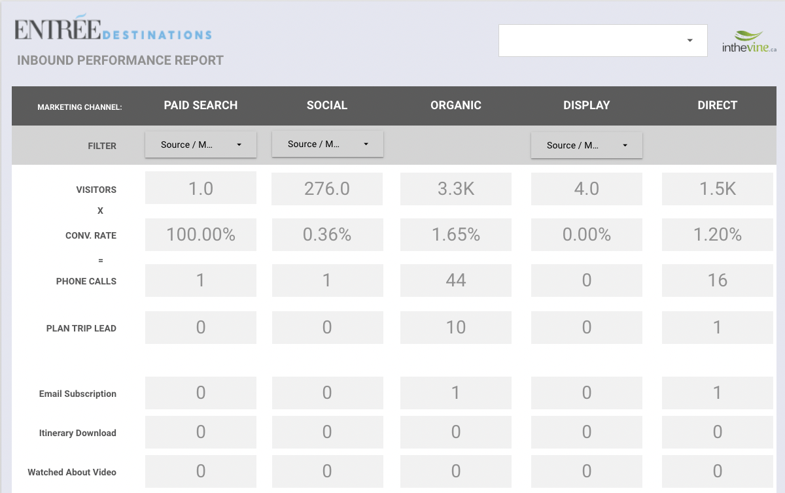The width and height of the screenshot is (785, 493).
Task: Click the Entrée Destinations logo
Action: coord(113,27)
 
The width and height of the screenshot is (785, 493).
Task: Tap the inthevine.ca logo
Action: coord(749,42)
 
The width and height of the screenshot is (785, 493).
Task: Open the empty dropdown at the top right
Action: coord(602,41)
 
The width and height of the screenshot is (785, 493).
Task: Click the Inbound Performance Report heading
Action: coord(120,60)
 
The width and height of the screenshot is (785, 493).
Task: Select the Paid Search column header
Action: coord(201,105)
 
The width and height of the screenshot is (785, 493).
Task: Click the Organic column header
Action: coord(456,105)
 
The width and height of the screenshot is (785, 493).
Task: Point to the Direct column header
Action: coord(718,105)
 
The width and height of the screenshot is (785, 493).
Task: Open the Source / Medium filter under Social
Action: coord(328,144)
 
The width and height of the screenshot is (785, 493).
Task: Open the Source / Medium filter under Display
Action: coord(587,145)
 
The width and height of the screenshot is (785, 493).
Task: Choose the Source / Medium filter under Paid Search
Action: coord(201,144)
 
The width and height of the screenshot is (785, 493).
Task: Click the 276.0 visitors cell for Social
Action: coord(327,188)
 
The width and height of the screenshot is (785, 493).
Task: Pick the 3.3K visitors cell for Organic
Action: coord(456,188)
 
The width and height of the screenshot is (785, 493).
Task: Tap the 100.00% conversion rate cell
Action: coord(201,235)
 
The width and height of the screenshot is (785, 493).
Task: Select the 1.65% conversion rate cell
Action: coord(456,235)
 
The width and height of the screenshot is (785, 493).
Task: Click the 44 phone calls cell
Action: coord(456,280)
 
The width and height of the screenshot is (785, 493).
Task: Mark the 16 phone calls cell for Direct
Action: coord(718,280)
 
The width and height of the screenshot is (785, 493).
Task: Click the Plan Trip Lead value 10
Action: coord(456,328)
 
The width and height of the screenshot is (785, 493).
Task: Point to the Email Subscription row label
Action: coord(77,394)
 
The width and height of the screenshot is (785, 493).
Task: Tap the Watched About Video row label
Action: coord(72,472)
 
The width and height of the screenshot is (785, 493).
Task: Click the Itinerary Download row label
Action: coord(77,433)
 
